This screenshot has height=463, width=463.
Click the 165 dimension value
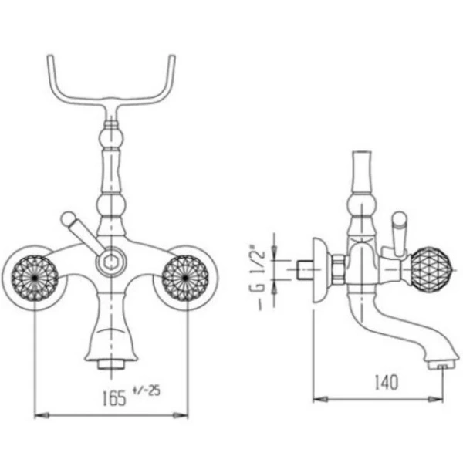pos(114,398)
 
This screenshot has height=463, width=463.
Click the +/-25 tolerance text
pos(147,390)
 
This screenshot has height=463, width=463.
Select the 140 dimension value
pos(387,383)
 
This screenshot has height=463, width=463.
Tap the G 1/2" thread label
pos(257,277)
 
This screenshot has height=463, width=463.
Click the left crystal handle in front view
pos(35,278)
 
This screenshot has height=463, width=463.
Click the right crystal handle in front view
pos(185,278)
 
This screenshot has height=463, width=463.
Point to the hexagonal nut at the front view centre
pos(110,262)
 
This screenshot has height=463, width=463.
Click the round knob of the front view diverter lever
pos(68,219)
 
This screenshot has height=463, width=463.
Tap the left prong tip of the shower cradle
pos(50,56)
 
